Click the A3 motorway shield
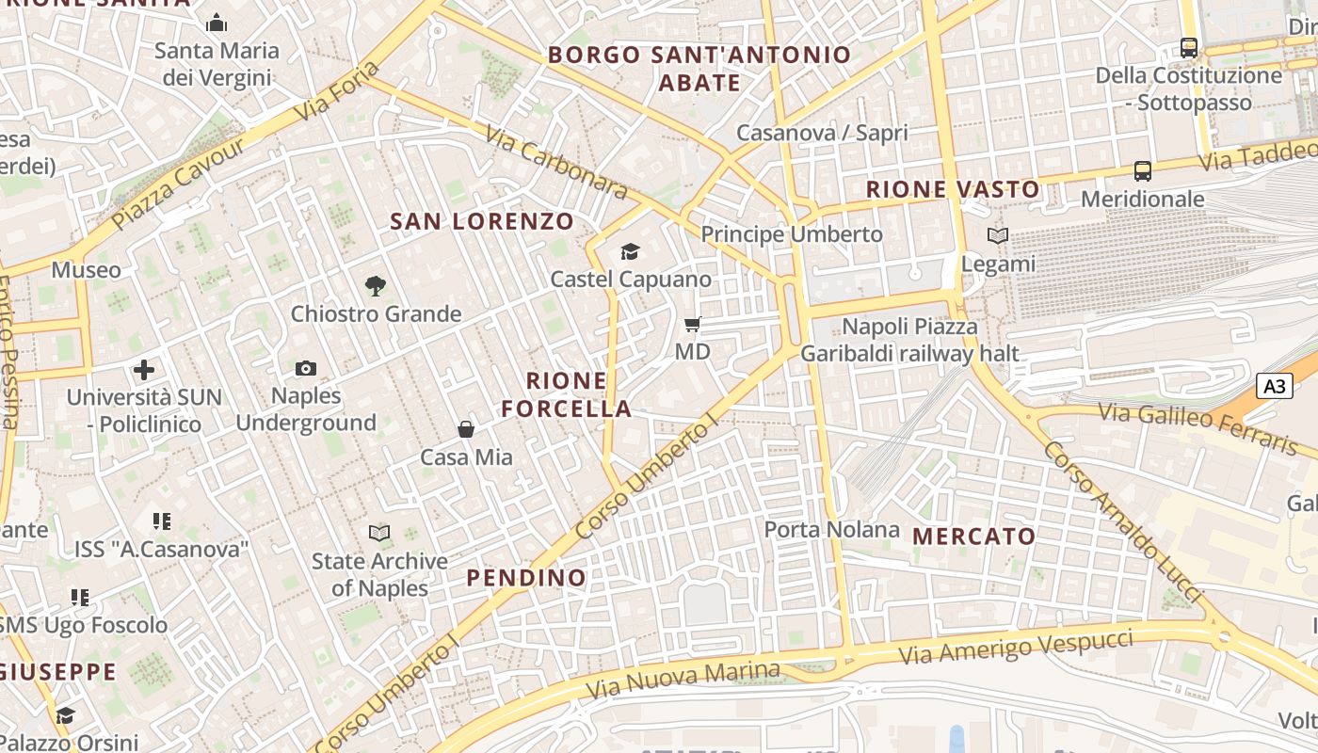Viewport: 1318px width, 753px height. click(1274, 386)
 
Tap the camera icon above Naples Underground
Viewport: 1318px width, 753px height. click(306, 368)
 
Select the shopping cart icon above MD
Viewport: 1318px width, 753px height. click(693, 325)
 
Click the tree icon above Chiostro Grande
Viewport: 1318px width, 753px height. click(376, 285)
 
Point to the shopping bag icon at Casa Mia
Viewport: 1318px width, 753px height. click(465, 430)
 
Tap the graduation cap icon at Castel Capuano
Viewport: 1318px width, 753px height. click(630, 251)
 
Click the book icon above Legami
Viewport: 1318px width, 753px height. click(997, 236)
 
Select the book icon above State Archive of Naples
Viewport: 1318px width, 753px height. click(379, 534)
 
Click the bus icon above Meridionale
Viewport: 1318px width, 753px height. click(1143, 171)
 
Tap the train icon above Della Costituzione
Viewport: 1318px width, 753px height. click(1189, 47)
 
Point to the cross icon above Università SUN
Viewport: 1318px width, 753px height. click(144, 370)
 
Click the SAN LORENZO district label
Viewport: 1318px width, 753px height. click(482, 222)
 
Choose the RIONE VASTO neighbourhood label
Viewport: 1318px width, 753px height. click(953, 189)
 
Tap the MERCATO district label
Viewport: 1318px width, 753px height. click(974, 537)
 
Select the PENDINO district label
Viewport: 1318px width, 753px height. click(527, 577)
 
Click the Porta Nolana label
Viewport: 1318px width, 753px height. click(831, 530)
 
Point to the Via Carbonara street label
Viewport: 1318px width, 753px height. click(556, 162)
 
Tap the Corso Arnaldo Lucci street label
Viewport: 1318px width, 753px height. click(1122, 521)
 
